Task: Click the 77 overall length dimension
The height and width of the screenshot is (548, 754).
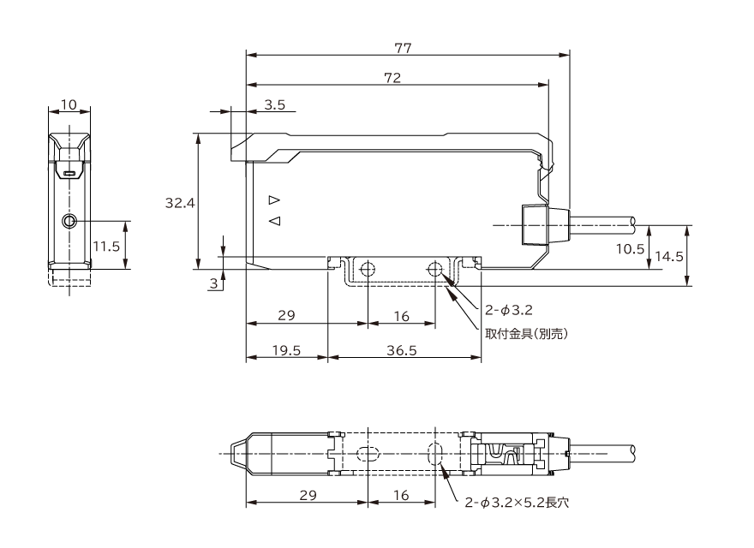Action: pos(403,48)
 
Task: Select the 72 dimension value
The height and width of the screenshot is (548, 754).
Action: pos(393,78)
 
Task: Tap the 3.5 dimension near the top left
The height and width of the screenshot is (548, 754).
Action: pos(274,104)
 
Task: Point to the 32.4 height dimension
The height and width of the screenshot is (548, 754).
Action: pos(180,203)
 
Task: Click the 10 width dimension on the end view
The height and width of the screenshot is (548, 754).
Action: pos(69,104)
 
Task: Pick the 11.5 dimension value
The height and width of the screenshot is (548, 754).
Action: pos(106,247)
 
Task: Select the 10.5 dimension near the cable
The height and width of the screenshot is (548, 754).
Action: pos(630,248)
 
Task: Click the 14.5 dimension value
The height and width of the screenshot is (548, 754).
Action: pos(669,256)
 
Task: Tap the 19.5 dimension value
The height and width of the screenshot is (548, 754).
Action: pos(286,350)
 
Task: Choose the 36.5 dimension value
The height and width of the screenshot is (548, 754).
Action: pos(402,350)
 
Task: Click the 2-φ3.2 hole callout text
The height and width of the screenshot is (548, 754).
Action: pos(509,310)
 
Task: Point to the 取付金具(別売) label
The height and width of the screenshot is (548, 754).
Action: pos(527,334)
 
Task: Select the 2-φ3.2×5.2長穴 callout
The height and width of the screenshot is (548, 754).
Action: pos(517,503)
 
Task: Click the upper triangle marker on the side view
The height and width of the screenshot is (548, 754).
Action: pos(274,200)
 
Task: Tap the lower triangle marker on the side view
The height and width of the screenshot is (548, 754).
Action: pos(274,221)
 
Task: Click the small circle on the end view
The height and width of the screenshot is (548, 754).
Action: pos(69,221)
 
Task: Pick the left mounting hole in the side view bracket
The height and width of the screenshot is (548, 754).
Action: pos(368,270)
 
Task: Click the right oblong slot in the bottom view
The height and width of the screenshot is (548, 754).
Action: pos(435,453)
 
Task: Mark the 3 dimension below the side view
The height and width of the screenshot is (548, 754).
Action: pos(214,283)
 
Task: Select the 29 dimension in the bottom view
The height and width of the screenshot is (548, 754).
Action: pos(308,495)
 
